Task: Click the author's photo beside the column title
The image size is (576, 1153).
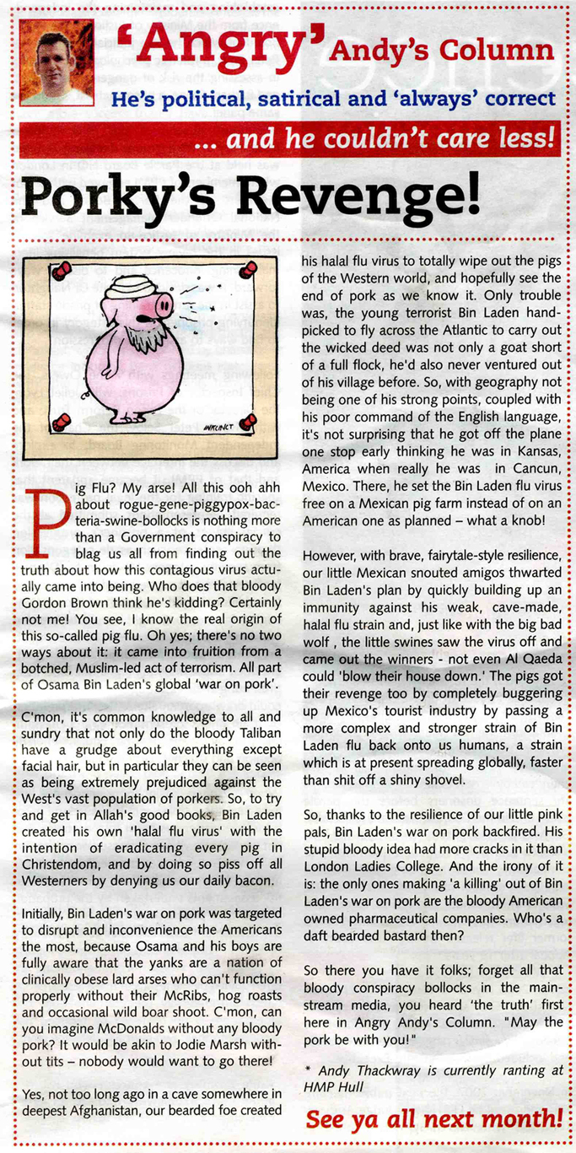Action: coord(56,63)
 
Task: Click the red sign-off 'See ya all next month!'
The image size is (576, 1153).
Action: coord(433,1120)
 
